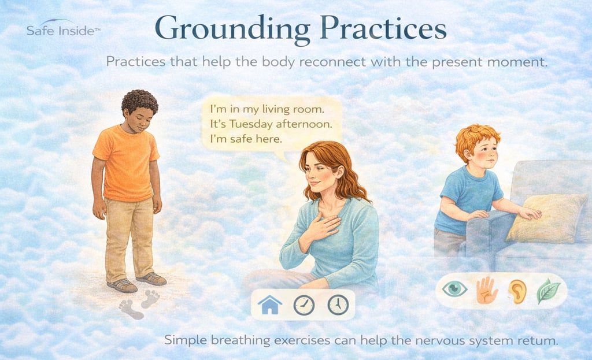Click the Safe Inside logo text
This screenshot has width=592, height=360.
click(x=63, y=30)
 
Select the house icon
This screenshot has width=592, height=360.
click(x=269, y=305)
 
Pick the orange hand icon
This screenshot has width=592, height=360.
click(x=486, y=290)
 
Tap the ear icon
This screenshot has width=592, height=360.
click(x=517, y=291)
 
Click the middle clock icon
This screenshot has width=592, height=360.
click(x=304, y=305)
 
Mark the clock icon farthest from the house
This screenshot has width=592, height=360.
click(x=338, y=305)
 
